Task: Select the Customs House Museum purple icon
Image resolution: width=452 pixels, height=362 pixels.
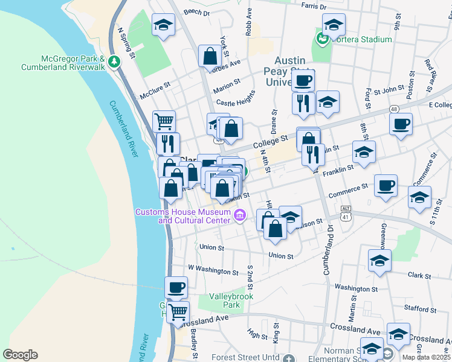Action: click(240, 215)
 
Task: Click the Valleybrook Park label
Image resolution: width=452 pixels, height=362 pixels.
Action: click(233, 300)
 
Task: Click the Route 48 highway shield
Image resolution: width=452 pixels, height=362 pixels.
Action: click(393, 109)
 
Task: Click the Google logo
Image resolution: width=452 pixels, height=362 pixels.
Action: click(20, 355)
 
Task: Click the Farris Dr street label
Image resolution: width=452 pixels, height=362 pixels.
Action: click(314, 7)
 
